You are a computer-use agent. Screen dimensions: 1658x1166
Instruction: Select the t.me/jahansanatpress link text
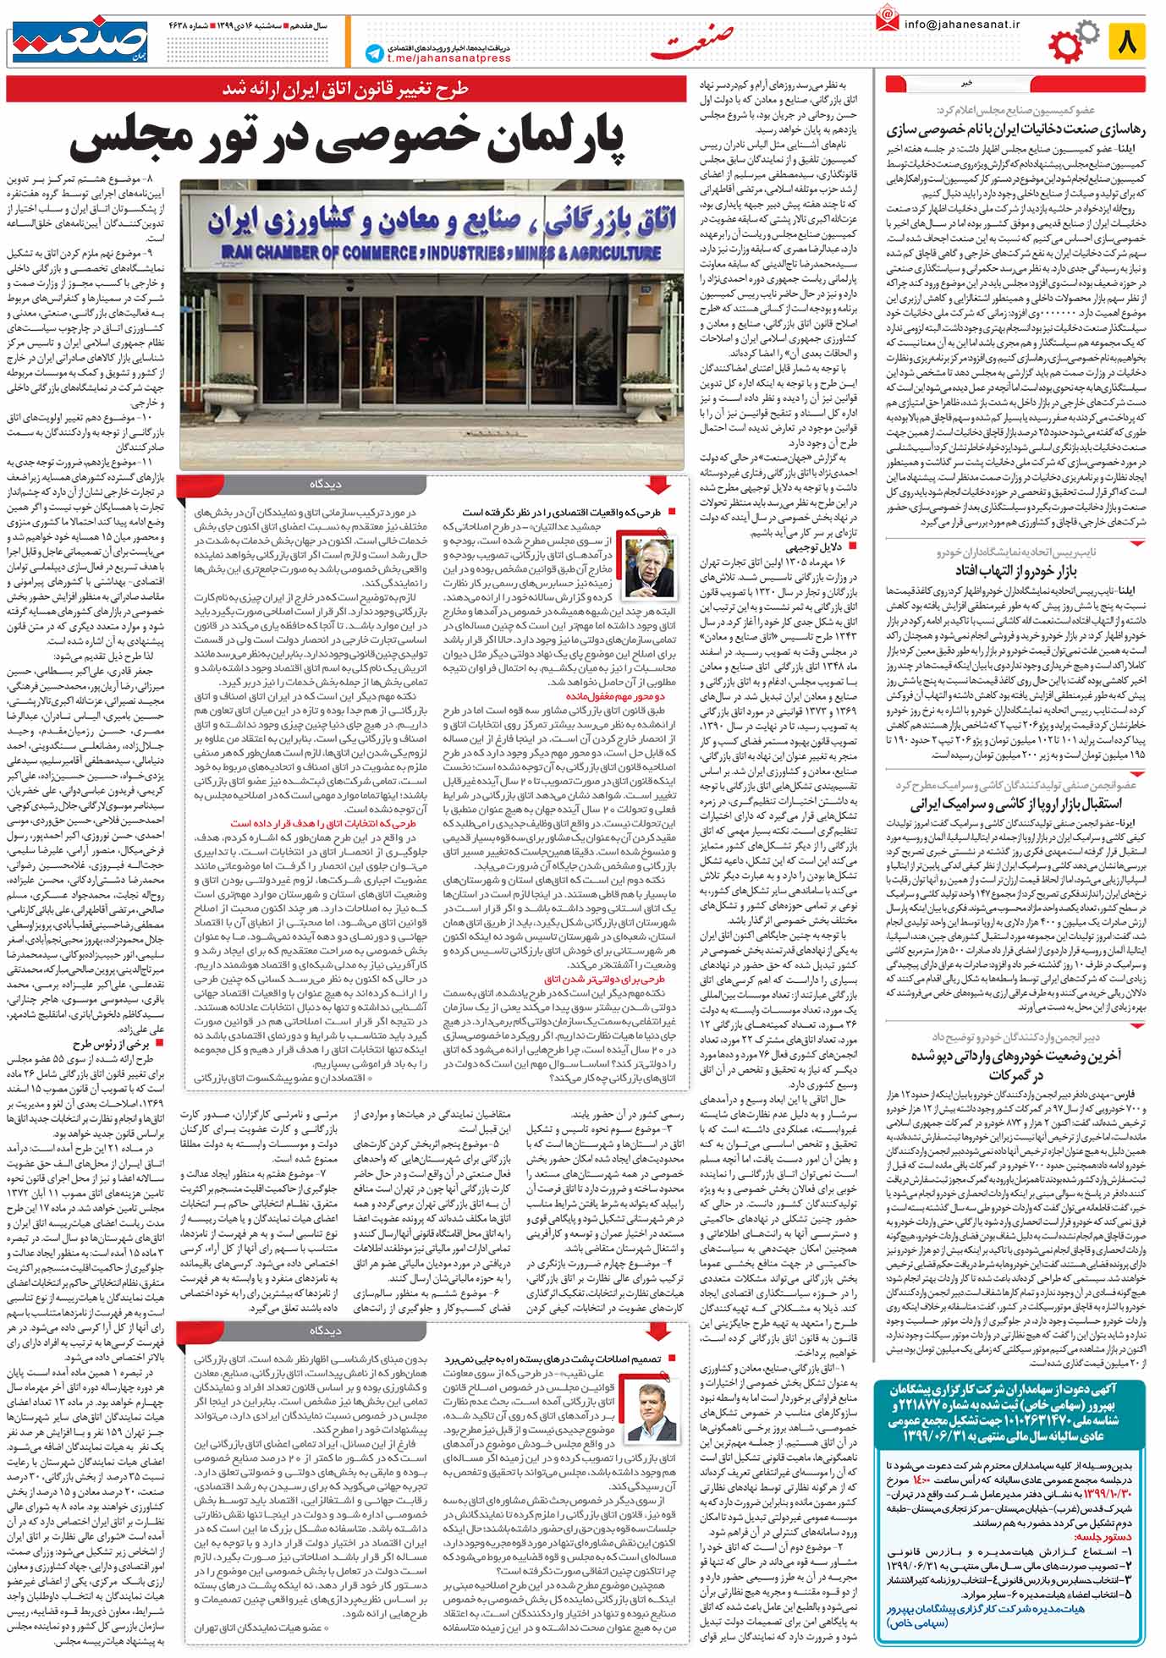click(449, 58)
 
